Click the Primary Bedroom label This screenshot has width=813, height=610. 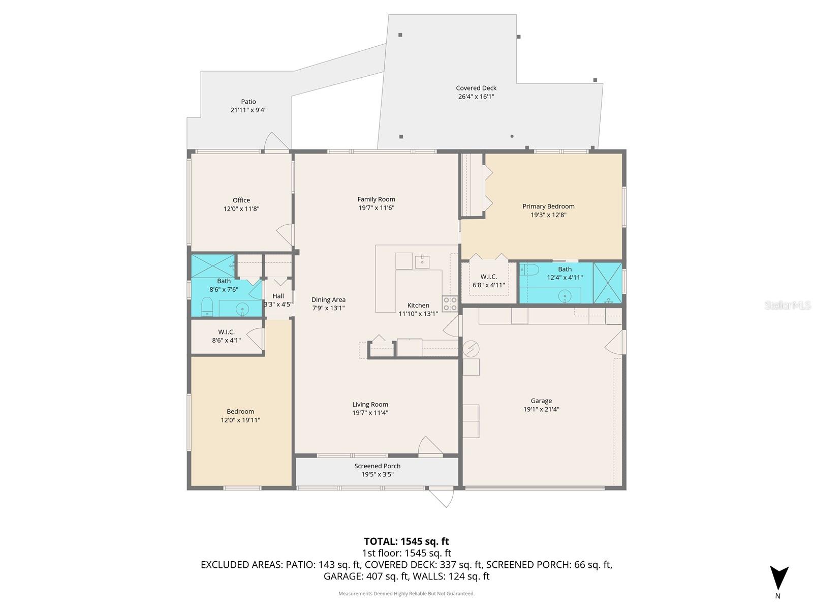tap(548, 206)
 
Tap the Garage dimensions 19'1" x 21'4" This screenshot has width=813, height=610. tap(541, 409)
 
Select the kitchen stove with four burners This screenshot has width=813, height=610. tap(450, 303)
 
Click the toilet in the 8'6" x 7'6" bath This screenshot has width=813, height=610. tap(207, 306)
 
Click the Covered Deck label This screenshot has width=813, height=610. tap(476, 88)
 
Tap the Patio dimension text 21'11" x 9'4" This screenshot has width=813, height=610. tap(248, 110)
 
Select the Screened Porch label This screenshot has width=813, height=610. tap(378, 466)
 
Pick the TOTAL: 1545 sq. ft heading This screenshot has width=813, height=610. tap(407, 541)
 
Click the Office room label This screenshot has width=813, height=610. tap(241, 200)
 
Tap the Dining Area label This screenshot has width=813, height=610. tap(328, 300)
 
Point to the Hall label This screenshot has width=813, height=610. tap(278, 296)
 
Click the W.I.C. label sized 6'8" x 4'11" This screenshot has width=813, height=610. tap(488, 277)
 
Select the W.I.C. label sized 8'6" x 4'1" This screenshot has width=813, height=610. tap(226, 332)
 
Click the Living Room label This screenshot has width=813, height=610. tap(370, 405)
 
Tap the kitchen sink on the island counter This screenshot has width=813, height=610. tap(422, 262)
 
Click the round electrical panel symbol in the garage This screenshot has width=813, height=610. tap(471, 348)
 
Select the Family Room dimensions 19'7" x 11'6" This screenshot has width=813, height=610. tap(376, 208)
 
